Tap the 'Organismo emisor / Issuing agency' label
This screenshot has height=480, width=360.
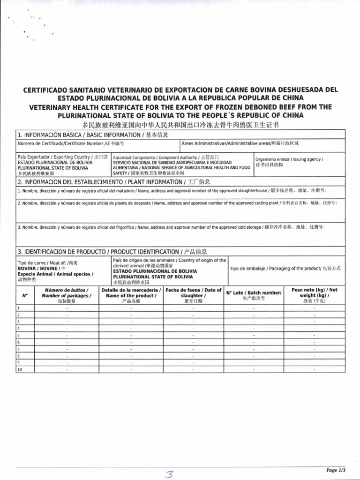289,159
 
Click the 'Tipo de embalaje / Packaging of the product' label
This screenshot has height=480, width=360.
285,268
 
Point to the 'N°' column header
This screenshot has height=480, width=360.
25,296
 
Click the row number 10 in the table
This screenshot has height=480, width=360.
20,369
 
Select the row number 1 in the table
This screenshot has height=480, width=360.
18,308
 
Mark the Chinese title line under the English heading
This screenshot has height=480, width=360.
180,125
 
